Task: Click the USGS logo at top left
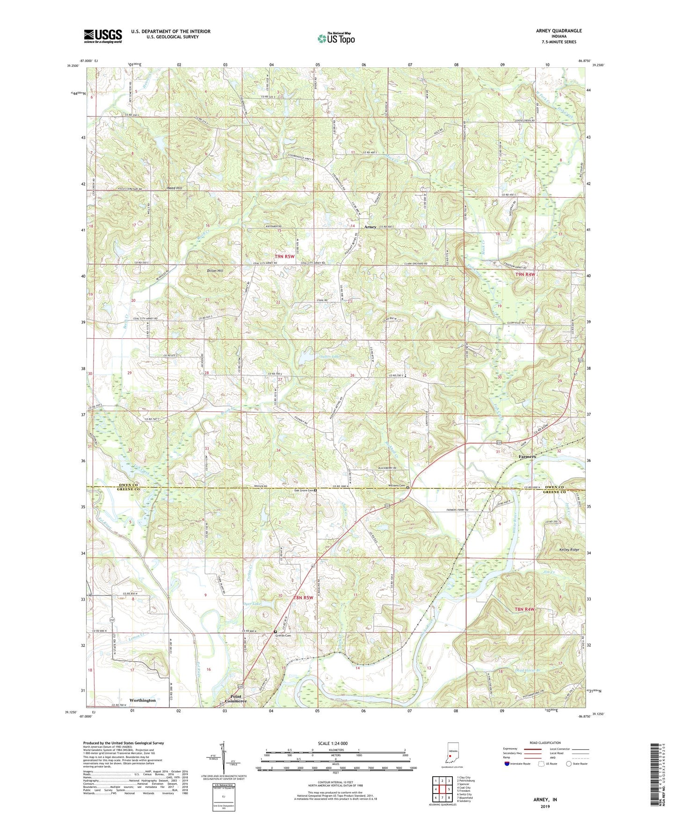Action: [103, 36]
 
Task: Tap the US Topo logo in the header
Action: [336, 38]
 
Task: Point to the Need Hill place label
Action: [174, 188]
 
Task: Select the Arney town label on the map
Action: [370, 227]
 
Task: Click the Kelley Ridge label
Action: [568, 550]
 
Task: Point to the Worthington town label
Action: [142, 700]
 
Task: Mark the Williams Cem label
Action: [396, 486]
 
